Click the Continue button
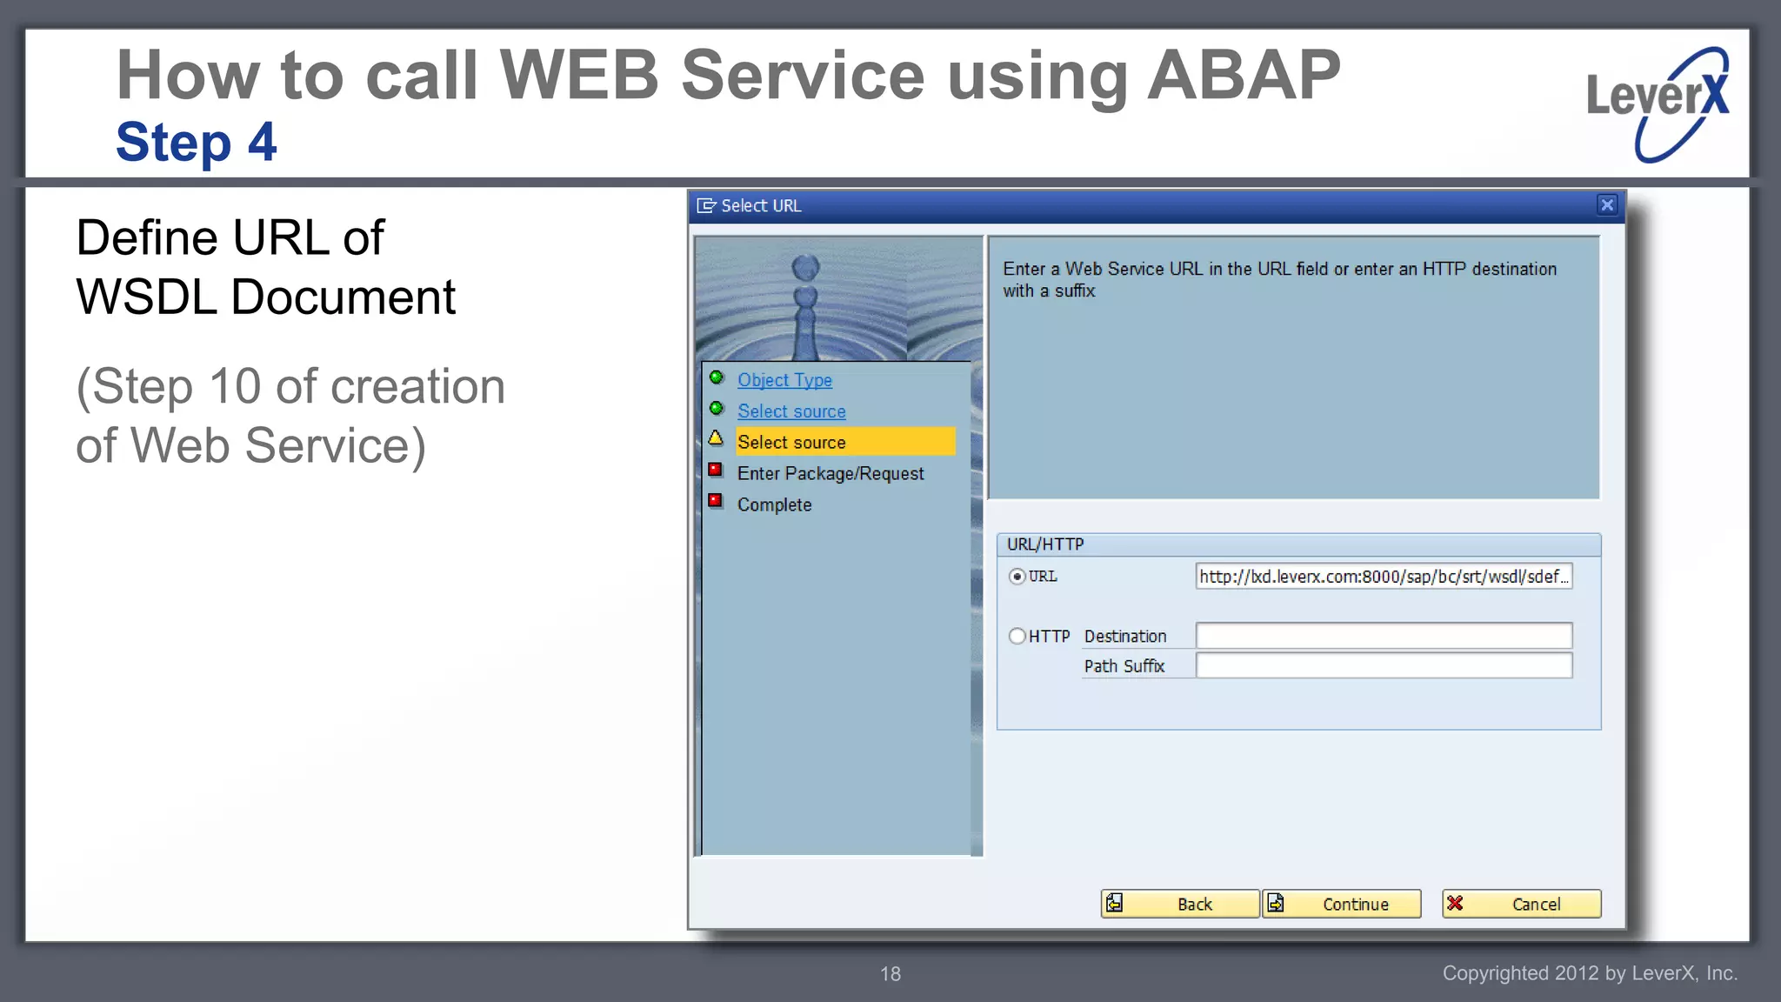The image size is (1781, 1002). coord(1342,904)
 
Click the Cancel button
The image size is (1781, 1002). coord(1521,904)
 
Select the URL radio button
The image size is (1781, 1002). coord(1017,577)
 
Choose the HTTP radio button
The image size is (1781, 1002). coord(1017,636)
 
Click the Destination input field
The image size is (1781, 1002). coord(1383,636)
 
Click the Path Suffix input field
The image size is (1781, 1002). coord(1383,665)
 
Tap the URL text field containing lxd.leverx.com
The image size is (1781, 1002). coord(1383,577)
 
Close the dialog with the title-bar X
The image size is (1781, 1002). coord(1606,205)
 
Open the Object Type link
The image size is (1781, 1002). coord(784,380)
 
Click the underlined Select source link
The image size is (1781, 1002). coord(791,411)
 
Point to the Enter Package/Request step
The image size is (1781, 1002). coord(830,473)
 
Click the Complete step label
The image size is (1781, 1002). coord(774,504)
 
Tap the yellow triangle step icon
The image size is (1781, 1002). coord(716,438)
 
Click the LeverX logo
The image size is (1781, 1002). coord(1658,103)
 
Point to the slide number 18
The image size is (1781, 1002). coord(890,974)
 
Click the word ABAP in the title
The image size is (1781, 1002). coord(1244,76)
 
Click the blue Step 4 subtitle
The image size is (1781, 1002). coord(197,142)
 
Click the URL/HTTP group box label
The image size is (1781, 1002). coord(1044,544)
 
